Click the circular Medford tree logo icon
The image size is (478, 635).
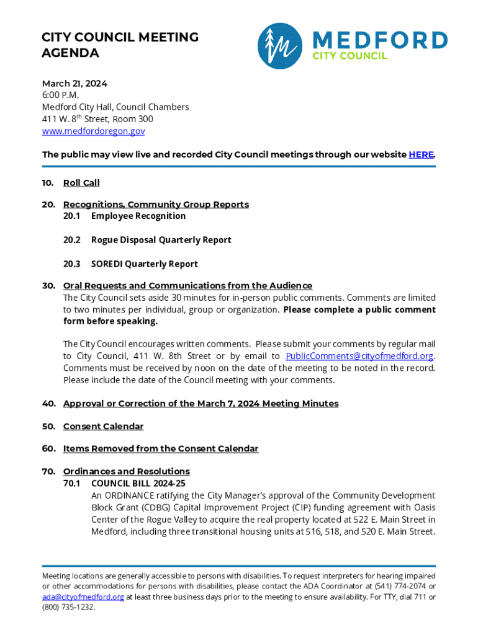pos(281,46)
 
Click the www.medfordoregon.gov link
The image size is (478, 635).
pos(93,131)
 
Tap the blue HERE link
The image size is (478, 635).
pos(421,154)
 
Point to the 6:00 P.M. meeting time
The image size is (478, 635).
pos(60,95)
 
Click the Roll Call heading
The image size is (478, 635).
pos(81,183)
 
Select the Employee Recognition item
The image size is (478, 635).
pos(138,216)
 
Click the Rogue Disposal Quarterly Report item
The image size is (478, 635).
pos(161,240)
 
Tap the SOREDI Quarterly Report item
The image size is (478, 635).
pos(144,264)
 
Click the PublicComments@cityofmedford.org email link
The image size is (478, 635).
pos(359,356)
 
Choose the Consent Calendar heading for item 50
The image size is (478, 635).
pos(103,427)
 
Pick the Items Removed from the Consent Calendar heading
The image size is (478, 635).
pos(160,448)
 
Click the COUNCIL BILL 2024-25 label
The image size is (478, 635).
pos(138,483)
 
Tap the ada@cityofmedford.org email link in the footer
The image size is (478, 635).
pos(83,597)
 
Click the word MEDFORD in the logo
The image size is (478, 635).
pos(380,40)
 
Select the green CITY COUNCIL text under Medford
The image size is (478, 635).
pos(349,56)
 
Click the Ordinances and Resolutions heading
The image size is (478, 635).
pos(126,471)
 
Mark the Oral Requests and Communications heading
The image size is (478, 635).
pos(187,286)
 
